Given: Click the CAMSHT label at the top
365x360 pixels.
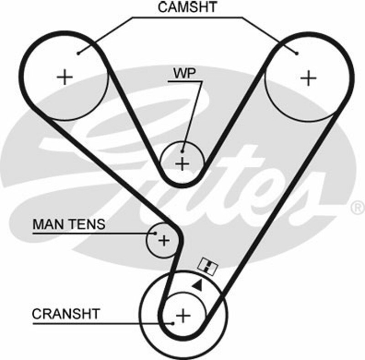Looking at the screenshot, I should tap(188, 7).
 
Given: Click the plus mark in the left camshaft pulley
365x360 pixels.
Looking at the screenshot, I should tap(65, 77).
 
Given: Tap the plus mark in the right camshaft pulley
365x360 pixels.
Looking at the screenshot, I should tap(309, 78).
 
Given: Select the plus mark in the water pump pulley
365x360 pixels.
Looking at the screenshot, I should tap(182, 163).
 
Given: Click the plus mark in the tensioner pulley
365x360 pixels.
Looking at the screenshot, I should tap(163, 239).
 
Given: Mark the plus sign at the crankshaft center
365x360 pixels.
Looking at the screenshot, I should tap(183, 315).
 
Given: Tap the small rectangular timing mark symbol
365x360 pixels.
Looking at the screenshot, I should tap(208, 266).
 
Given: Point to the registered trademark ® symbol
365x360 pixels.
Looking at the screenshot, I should tap(357, 207).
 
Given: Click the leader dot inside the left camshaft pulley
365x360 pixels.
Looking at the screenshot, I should tap(78, 53).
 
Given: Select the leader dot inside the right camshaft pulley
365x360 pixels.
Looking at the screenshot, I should tap(297, 53).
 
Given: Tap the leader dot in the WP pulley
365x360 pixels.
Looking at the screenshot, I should tap(182, 151).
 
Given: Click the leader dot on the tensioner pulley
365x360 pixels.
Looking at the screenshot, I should tap(155, 233).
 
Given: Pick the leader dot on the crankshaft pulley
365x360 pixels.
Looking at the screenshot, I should tap(173, 323).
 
